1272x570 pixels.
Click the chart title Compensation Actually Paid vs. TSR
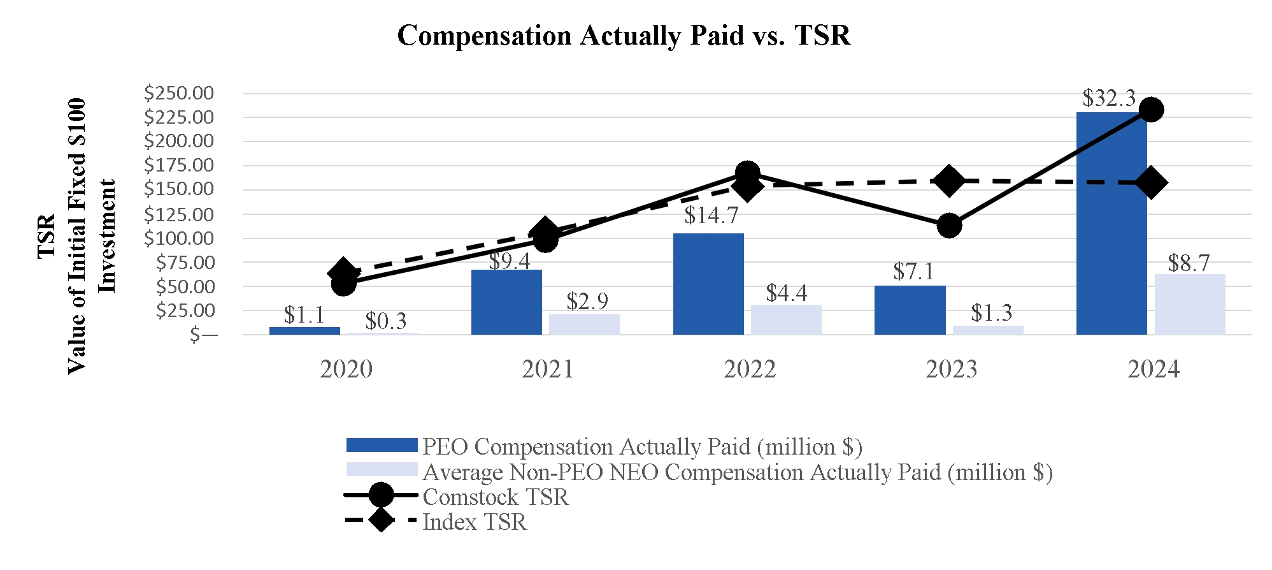(x=624, y=36)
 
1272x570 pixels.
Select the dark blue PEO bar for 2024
(x=1111, y=223)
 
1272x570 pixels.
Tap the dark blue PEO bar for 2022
(x=708, y=284)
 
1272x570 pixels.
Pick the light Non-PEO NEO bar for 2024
(x=1190, y=304)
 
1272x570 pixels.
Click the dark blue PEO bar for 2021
(x=506, y=302)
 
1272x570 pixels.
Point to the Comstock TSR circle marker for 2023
(x=949, y=225)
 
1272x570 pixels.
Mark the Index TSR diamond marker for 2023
(x=949, y=181)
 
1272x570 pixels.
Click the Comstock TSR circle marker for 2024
(x=1151, y=110)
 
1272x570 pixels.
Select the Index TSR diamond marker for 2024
(x=1151, y=183)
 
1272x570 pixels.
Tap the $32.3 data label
(x=1109, y=98)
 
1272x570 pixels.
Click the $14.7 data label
(x=711, y=216)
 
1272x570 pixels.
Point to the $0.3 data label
(x=386, y=321)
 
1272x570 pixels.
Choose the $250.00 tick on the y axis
(x=179, y=93)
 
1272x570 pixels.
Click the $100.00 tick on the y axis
(x=179, y=238)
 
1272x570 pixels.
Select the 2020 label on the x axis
(x=346, y=369)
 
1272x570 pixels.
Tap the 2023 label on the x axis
(x=951, y=369)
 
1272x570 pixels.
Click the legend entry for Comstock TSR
(x=496, y=497)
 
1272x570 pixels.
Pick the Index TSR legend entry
(x=475, y=522)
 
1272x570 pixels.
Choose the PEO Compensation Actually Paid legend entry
(x=642, y=446)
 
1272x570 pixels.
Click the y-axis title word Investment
(x=107, y=236)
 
